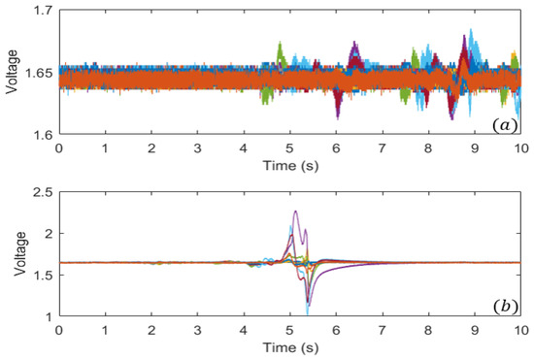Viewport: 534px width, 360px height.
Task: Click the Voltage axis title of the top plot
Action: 13,73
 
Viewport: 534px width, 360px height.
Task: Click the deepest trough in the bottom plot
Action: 308,312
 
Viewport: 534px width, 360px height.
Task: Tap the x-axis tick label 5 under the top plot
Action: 289,148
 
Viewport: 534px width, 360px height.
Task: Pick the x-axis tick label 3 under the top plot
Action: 197,148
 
